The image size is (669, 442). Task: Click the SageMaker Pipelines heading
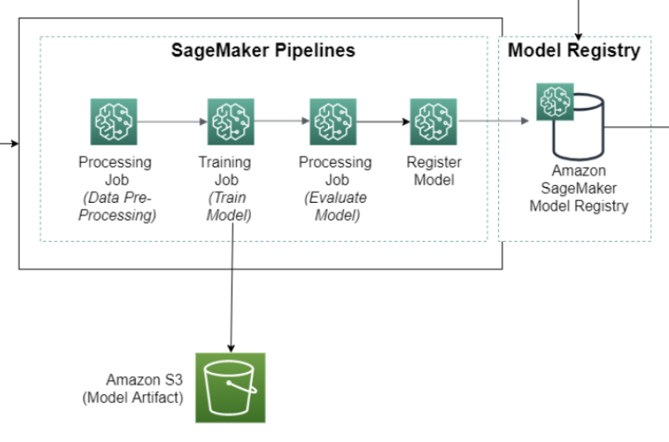263,52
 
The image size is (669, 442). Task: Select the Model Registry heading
574,52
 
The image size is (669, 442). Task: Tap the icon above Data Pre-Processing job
114,122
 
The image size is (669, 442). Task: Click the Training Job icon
230,122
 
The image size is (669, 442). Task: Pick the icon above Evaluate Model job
332,122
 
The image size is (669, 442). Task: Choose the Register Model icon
432,122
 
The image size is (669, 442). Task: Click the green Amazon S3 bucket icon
230,387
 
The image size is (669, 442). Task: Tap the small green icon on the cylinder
555,102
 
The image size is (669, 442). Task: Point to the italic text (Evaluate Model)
334,206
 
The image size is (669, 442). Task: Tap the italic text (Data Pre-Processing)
114,206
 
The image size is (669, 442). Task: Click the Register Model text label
433,171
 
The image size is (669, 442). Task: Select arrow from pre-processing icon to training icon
172,122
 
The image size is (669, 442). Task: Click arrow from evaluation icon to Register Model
382,122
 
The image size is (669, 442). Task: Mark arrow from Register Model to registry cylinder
493,122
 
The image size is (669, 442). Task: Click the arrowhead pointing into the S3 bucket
230,347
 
